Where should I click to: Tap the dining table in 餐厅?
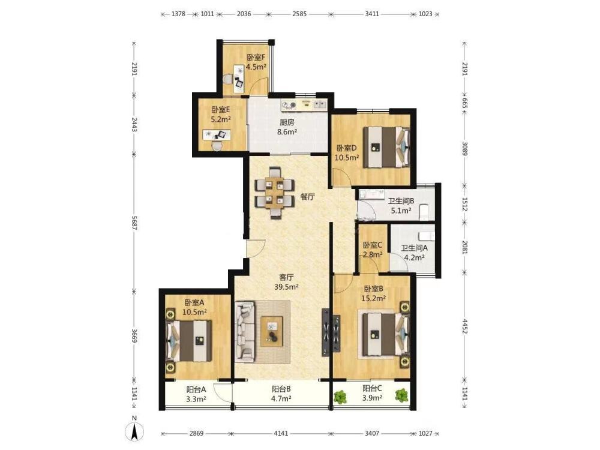275,192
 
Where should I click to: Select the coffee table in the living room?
272,331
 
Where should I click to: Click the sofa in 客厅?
245,331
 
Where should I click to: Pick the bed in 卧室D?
386,148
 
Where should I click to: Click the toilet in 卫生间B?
425,212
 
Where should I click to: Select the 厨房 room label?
287,122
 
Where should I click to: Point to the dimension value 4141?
281,434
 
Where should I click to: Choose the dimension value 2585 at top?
299,14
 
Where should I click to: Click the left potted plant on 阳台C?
340,397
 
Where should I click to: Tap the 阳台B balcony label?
281,389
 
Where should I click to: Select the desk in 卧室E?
217,134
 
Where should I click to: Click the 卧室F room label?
256,58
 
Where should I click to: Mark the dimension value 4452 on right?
464,326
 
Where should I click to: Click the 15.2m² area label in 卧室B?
373,298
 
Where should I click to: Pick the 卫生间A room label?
415,248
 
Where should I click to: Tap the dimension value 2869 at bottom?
196,434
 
